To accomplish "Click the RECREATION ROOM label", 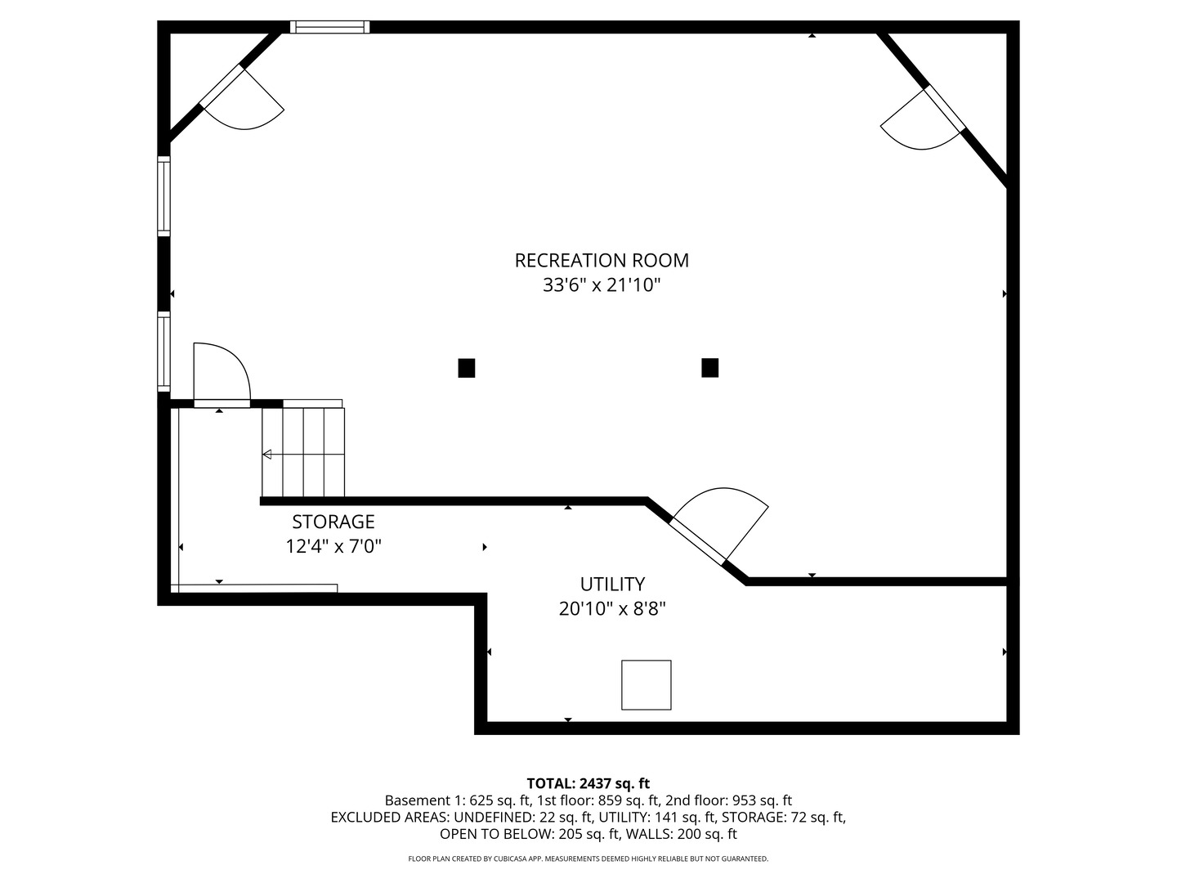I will pos(602,260).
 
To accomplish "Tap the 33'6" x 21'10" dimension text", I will pos(602,285).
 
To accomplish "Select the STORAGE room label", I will pos(333,522).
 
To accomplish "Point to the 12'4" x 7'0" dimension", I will pos(333,546).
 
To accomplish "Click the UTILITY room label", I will pos(612,584).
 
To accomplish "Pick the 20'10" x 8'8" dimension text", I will pos(612,609).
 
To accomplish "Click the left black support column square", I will pos(467,368).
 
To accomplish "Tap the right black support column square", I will pos(709,368).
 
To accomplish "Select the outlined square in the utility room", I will pos(647,685).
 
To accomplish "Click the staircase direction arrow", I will pos(267,455).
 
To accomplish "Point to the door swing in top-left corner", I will pos(245,102).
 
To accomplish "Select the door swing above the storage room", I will pos(219,374).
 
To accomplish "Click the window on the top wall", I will pos(330,27).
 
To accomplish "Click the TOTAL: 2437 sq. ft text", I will pos(588,783).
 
